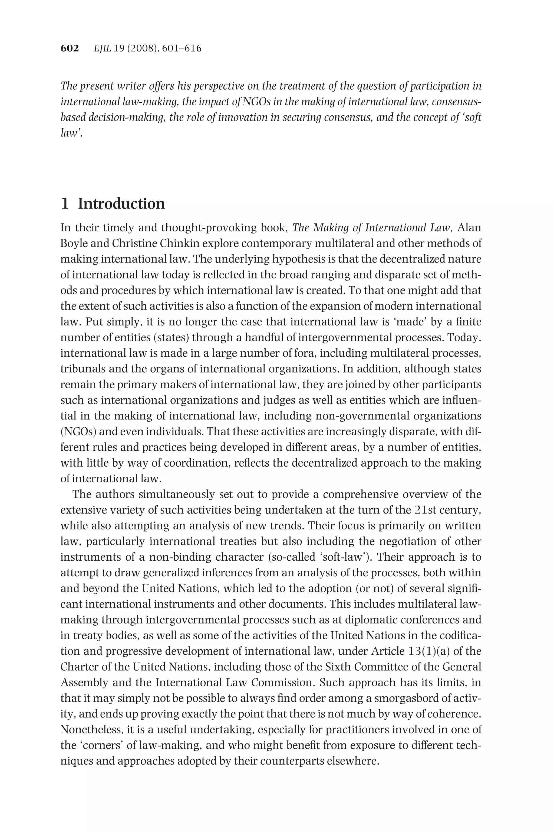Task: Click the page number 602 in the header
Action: (69, 48)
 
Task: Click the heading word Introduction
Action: (121, 204)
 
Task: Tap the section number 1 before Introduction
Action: (65, 204)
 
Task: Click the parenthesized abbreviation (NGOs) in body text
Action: (78, 431)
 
